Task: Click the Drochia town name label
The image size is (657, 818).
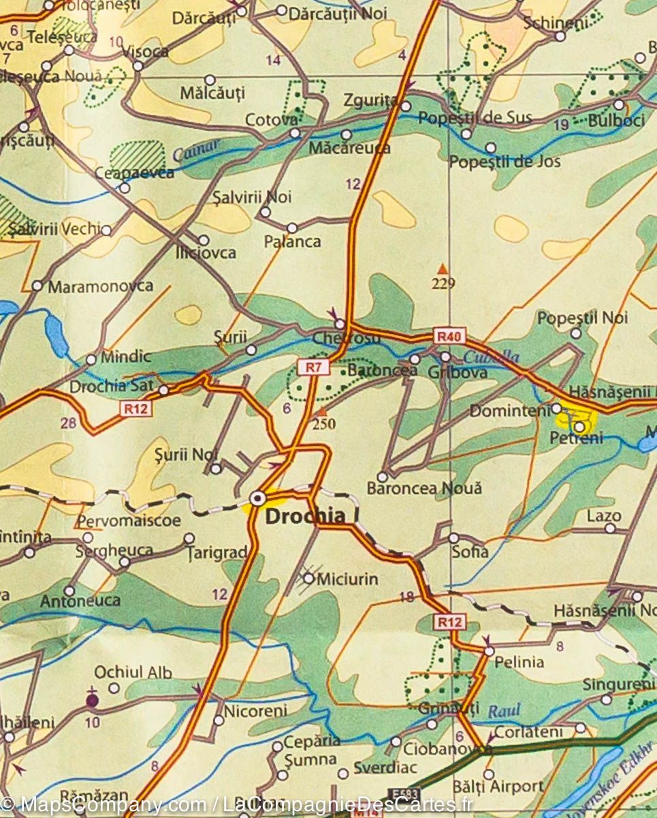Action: click(305, 517)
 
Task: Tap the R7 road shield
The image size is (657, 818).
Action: click(313, 367)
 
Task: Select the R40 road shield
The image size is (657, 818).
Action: click(450, 335)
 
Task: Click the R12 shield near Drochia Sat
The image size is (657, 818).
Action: click(136, 408)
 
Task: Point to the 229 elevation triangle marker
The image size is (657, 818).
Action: click(443, 269)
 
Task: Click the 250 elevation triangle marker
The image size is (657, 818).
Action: click(323, 412)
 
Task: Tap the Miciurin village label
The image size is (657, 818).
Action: click(349, 579)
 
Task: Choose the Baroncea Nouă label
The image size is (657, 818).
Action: click(424, 488)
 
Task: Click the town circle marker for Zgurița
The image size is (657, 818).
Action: click(406, 106)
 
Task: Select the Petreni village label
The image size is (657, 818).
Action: click(576, 438)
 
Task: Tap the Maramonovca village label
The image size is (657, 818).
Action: click(100, 286)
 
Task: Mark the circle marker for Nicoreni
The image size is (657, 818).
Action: click(219, 720)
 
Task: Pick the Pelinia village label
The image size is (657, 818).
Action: click(519, 661)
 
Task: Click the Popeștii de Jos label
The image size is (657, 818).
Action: click(504, 162)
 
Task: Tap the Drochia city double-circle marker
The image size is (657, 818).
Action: click(258, 499)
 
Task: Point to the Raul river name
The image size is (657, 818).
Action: click(504, 711)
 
